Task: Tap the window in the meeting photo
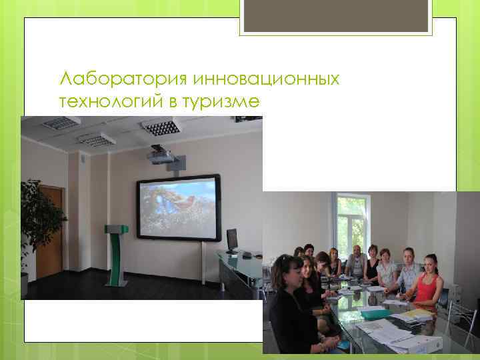click(x=353, y=223)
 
